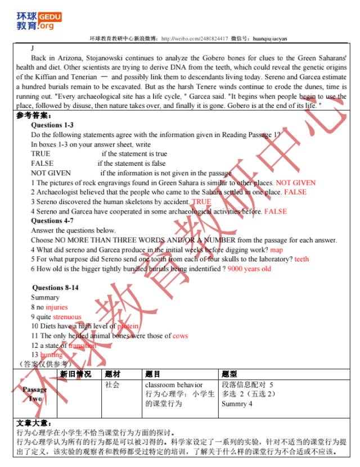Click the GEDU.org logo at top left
(39, 21)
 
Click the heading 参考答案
(33, 116)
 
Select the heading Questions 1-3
(52, 125)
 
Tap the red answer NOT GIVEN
(295, 183)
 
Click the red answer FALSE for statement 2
(295, 192)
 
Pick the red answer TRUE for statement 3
(201, 202)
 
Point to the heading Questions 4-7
(52, 221)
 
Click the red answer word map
(276, 250)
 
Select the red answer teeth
(301, 259)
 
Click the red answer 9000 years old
(249, 269)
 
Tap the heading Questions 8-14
(55, 288)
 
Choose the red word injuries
(56, 307)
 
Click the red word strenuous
(67, 317)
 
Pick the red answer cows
(180, 336)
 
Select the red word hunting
(51, 355)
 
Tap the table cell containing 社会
(112, 385)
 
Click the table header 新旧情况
(75, 374)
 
